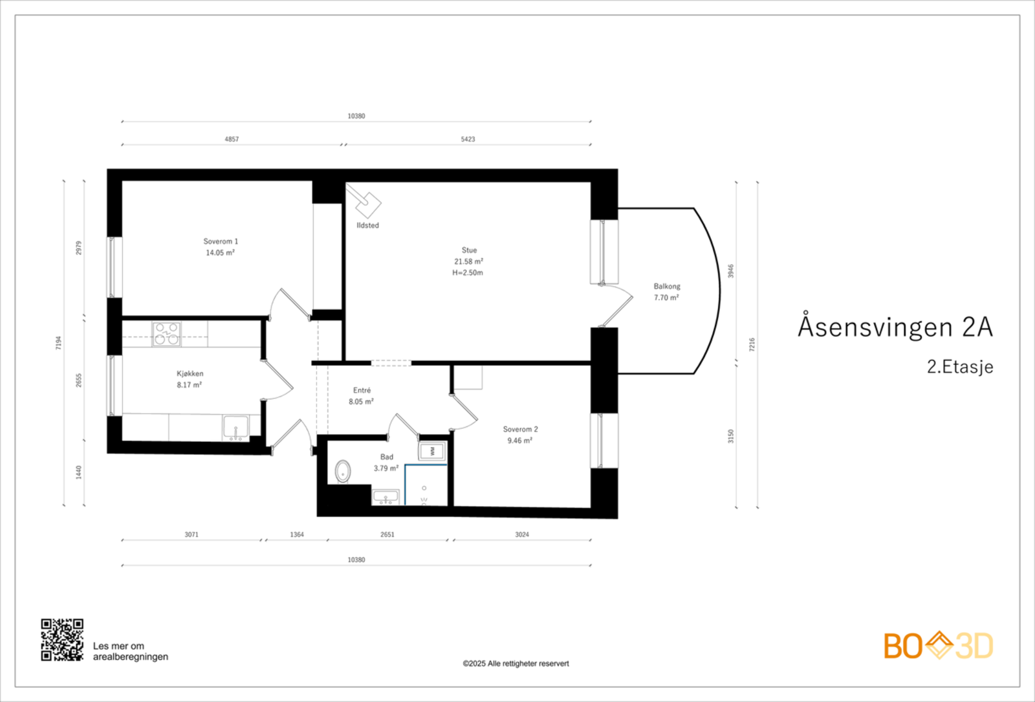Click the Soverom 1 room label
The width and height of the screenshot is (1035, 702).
(x=221, y=241)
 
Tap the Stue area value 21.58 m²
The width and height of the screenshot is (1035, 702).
(x=468, y=261)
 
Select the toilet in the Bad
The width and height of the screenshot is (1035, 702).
(x=342, y=472)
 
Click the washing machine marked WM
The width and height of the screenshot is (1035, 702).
(x=432, y=451)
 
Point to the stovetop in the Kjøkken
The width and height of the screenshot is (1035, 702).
(x=166, y=334)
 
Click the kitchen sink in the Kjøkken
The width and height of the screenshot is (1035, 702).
(x=235, y=428)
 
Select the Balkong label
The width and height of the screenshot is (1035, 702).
(x=667, y=287)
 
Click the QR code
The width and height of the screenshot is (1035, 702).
(x=62, y=640)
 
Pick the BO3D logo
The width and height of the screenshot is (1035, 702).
(x=939, y=646)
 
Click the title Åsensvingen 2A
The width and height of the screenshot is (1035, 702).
(x=895, y=327)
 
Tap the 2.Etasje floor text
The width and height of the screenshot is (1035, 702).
(x=960, y=367)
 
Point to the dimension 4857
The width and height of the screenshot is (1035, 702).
(x=232, y=139)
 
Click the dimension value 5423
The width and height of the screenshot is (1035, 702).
(x=468, y=139)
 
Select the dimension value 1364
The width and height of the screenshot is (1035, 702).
(x=297, y=534)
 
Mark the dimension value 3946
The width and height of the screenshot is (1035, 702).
(x=730, y=271)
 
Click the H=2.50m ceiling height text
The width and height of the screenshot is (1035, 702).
(x=468, y=272)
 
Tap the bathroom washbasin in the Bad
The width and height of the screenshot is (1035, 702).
(x=386, y=497)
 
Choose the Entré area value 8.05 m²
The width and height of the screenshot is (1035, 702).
(x=362, y=402)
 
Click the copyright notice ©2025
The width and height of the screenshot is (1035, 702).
(x=516, y=664)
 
